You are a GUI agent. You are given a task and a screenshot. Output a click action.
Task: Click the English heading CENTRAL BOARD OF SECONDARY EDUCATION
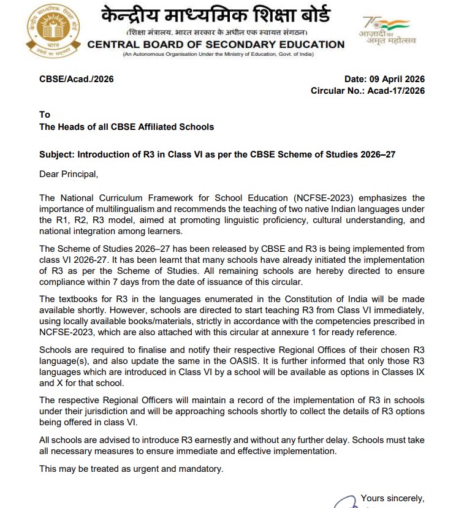pyautogui.click(x=216, y=44)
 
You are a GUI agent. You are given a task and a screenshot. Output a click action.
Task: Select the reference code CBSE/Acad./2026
pyautogui.click(x=77, y=79)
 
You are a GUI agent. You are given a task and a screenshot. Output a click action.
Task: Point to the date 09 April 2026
pyautogui.click(x=397, y=79)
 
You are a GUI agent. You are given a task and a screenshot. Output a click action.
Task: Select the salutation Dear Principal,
pyautogui.click(x=69, y=174)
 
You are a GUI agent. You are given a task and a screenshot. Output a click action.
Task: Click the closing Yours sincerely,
pyautogui.click(x=392, y=498)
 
